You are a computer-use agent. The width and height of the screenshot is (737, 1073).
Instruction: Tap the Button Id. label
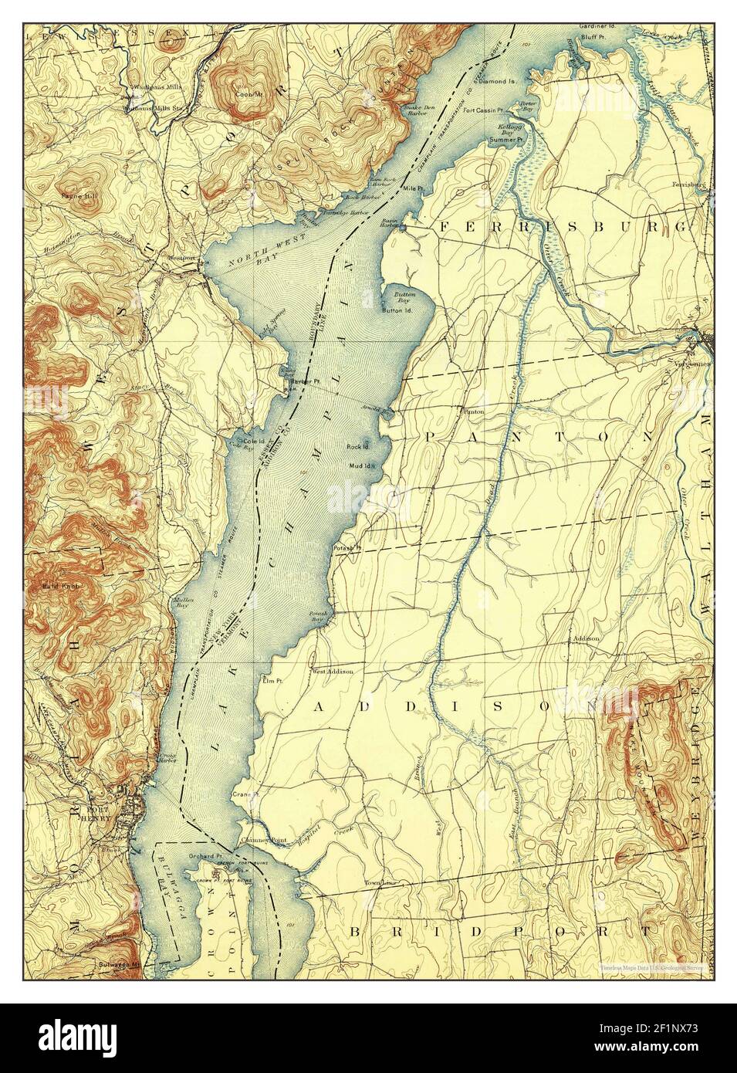coord(399,310)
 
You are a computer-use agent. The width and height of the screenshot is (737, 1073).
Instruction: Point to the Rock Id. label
coord(358,446)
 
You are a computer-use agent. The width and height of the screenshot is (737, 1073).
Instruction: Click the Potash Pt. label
coord(347,548)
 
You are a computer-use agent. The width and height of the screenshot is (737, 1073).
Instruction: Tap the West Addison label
coord(333,671)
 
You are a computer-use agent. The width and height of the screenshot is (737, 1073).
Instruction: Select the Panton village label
coord(472,411)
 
